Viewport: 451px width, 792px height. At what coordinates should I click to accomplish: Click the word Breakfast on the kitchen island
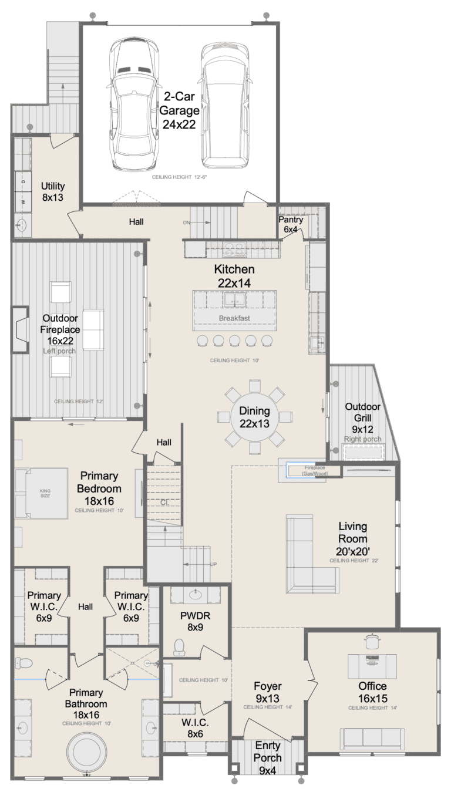tap(234, 318)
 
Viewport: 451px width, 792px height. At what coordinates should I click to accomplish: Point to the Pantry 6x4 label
tap(291, 224)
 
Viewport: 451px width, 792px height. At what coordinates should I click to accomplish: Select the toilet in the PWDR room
tap(180, 646)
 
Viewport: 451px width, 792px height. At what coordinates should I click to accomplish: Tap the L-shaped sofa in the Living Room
tap(309, 555)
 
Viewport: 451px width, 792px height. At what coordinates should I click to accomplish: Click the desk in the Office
tap(373, 665)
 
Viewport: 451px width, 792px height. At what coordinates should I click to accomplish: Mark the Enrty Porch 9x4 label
tap(267, 756)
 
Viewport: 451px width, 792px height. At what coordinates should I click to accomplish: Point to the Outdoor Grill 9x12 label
tap(362, 417)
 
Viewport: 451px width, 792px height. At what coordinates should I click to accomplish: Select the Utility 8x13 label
tap(52, 191)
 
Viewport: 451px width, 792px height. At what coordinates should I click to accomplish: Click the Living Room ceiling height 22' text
tap(354, 561)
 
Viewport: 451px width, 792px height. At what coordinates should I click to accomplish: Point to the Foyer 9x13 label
tap(267, 692)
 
